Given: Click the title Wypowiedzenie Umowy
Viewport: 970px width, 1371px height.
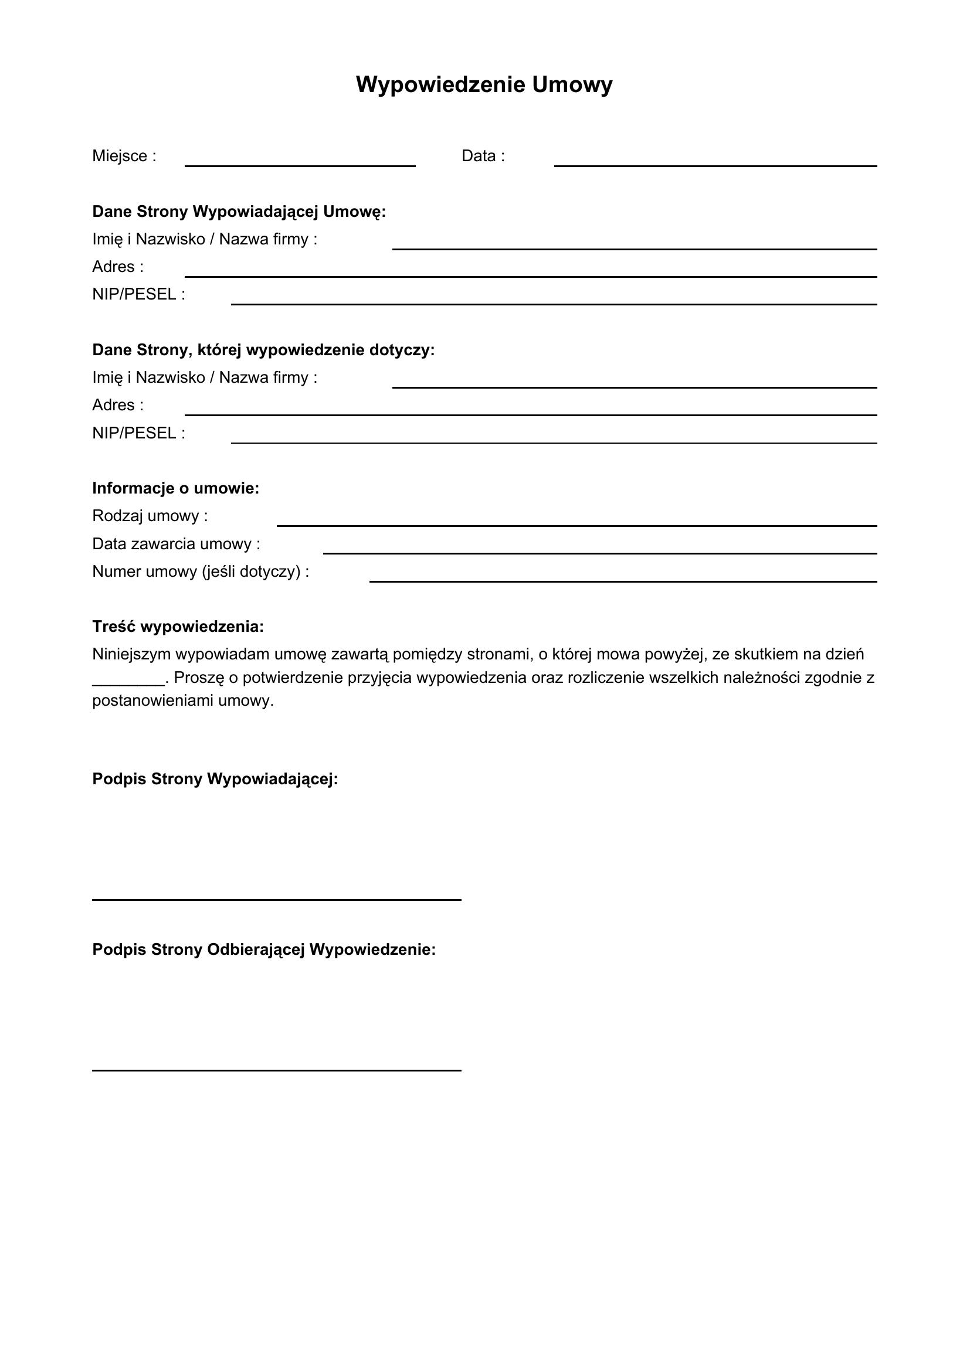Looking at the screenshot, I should coord(484,85).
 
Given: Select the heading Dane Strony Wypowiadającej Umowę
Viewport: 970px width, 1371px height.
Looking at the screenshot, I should coord(239,212).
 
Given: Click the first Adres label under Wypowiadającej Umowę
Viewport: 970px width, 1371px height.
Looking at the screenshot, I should coord(118,267).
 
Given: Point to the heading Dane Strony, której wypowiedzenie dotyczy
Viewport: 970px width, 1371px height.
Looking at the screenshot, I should coord(263,350).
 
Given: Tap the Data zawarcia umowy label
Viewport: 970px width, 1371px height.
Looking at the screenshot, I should coord(176,544).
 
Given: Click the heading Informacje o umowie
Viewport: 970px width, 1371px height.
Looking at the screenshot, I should coord(175,488).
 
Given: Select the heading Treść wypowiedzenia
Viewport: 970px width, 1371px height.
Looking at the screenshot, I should coord(178,627).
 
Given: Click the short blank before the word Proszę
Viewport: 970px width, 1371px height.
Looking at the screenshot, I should coord(128,682).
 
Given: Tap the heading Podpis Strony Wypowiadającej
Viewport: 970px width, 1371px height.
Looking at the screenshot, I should coord(215,779).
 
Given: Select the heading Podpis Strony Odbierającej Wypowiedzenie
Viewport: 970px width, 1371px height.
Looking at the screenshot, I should coord(264,950).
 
